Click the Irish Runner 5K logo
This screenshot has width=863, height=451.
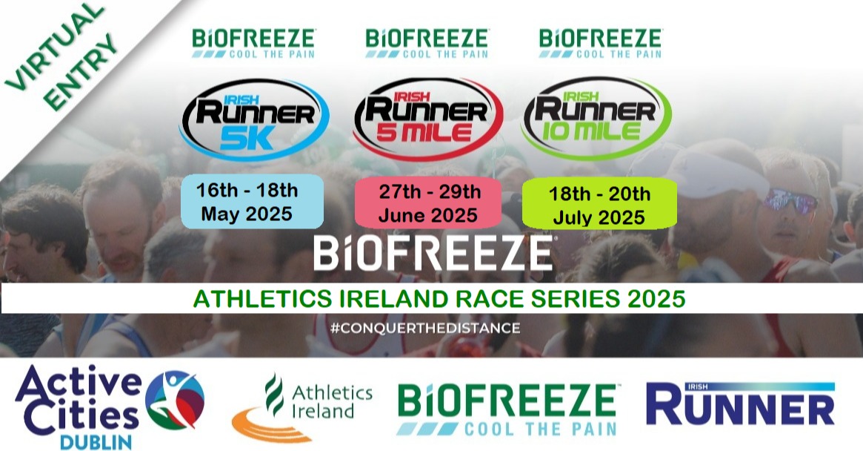[254, 119]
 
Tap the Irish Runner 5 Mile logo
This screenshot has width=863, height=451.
[427, 119]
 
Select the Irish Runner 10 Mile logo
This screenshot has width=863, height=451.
[596, 118]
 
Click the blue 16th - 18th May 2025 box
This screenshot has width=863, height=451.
[252, 202]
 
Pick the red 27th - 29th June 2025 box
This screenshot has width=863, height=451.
[427, 203]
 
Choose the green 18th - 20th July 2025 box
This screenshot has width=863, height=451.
[599, 204]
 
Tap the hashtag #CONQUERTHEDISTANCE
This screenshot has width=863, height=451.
[425, 328]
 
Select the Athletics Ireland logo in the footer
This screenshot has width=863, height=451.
[301, 407]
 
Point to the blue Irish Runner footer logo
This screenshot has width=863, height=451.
[740, 404]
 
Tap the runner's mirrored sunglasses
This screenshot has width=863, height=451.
[790, 201]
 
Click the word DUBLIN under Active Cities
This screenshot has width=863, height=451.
[96, 441]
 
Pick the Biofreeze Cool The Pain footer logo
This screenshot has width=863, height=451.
[508, 409]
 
